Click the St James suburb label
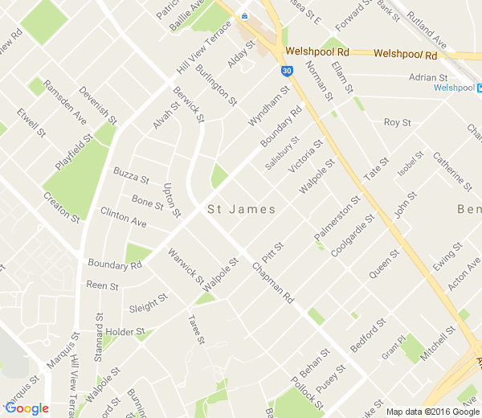click(242, 210)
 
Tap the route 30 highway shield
click(285, 71)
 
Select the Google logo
click(27, 408)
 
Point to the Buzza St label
click(131, 174)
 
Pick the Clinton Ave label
click(124, 215)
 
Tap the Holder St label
click(125, 331)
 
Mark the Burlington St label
click(217, 84)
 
